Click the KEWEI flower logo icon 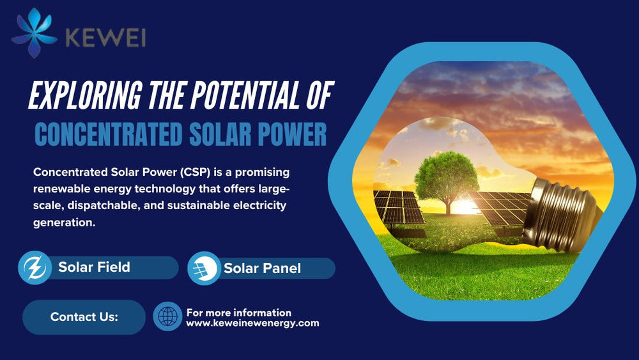coord(35,33)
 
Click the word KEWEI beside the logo coord(105,38)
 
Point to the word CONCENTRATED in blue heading coord(109,134)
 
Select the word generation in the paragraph coord(64,223)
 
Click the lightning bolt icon coord(35,267)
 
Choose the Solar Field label coord(94,267)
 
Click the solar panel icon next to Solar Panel coord(204,269)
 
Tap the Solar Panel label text coord(263,269)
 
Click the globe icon coord(167,317)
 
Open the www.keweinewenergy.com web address coord(252,324)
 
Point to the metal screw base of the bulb coord(562,215)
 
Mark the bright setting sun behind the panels coord(464,207)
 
